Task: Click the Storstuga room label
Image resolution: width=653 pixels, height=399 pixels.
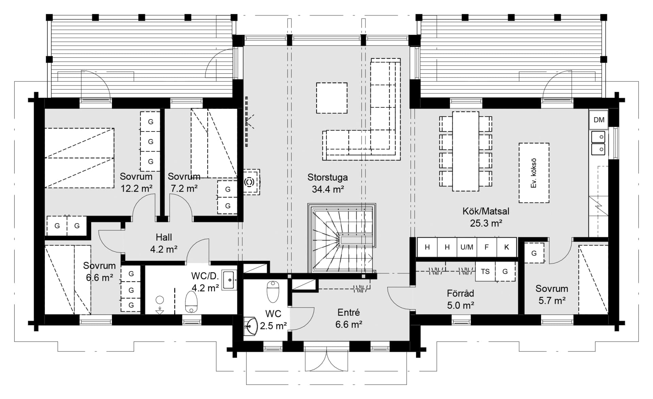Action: pyautogui.click(x=328, y=177)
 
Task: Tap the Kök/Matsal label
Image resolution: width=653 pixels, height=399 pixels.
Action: pyautogui.click(x=486, y=211)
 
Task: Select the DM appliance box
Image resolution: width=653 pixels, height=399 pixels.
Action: pyautogui.click(x=599, y=120)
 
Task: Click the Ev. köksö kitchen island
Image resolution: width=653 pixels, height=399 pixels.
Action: pyautogui.click(x=534, y=173)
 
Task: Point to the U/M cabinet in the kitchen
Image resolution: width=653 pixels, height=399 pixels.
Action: pyautogui.click(x=467, y=247)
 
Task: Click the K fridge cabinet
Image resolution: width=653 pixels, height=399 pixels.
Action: pyautogui.click(x=506, y=247)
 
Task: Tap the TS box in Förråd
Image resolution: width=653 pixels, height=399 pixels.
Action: pyautogui.click(x=485, y=271)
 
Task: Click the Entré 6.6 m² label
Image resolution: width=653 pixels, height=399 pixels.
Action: pyautogui.click(x=349, y=318)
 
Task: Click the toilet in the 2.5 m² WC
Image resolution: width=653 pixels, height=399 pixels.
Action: pyautogui.click(x=273, y=291)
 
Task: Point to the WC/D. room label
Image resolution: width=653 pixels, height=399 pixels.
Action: pyautogui.click(x=205, y=276)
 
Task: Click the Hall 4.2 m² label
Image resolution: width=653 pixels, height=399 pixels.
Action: pyautogui.click(x=164, y=243)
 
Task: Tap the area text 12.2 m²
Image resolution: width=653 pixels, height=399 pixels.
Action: pyautogui.click(x=136, y=188)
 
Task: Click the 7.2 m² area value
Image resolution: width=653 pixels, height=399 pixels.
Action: pyautogui.click(x=184, y=188)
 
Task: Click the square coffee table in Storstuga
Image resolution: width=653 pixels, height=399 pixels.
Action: pyautogui.click(x=332, y=98)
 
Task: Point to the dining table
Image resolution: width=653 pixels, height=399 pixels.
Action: pyautogui.click(x=466, y=151)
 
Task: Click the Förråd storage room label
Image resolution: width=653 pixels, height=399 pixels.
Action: pyautogui.click(x=461, y=293)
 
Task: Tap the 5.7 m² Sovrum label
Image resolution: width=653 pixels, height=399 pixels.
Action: pyautogui.click(x=552, y=295)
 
